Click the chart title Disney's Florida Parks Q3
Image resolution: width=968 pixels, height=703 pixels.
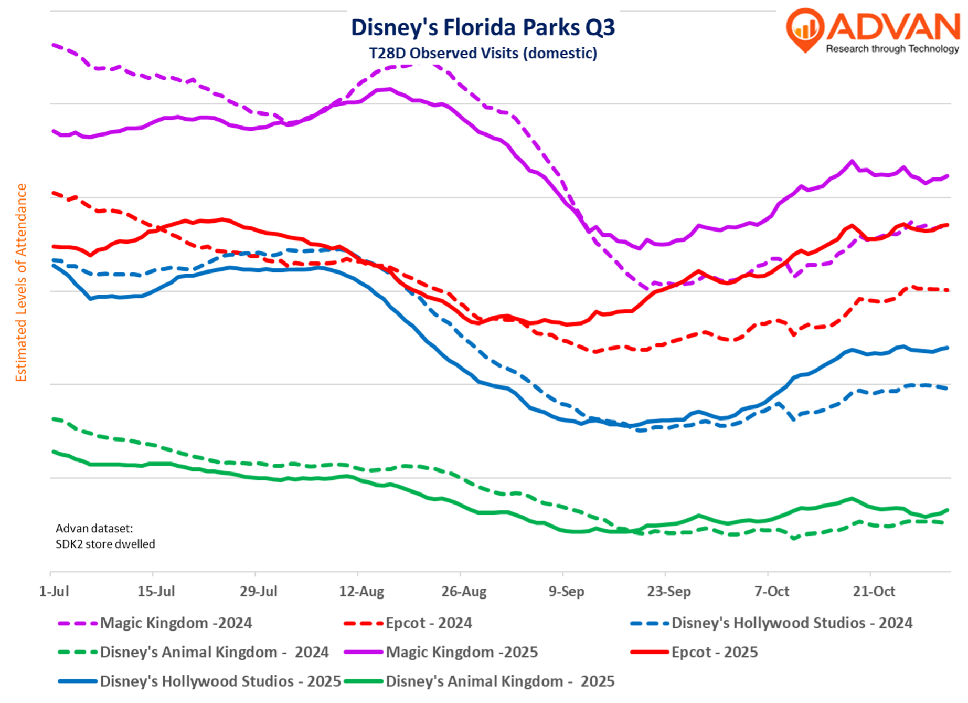[483, 27]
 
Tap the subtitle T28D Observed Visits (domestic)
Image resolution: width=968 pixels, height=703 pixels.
[483, 53]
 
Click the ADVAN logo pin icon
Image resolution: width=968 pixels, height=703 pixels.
[805, 29]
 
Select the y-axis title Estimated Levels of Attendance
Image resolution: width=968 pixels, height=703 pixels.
[21, 282]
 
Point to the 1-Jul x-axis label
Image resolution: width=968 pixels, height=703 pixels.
[54, 591]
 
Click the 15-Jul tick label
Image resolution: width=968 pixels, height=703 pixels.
[156, 591]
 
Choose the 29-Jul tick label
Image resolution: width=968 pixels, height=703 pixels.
[259, 591]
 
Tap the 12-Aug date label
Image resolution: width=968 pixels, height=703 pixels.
[361, 591]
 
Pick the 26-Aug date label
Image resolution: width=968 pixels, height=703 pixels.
[464, 591]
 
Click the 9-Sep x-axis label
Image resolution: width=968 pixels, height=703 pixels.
[566, 591]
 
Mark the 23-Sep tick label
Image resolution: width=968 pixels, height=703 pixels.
[669, 591]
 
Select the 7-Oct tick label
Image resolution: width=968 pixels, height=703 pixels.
[772, 591]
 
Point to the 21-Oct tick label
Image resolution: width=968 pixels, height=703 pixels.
[874, 591]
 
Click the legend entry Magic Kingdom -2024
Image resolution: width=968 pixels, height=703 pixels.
[176, 623]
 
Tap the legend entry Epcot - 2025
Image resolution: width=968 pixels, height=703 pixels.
[715, 652]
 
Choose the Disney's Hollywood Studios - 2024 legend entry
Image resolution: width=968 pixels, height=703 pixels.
[792, 623]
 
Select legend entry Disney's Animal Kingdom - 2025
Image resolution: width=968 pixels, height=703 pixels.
[500, 681]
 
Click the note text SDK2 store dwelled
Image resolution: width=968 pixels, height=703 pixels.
[105, 544]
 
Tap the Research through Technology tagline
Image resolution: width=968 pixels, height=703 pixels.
[892, 49]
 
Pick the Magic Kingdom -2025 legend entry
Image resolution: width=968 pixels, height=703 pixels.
[462, 652]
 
